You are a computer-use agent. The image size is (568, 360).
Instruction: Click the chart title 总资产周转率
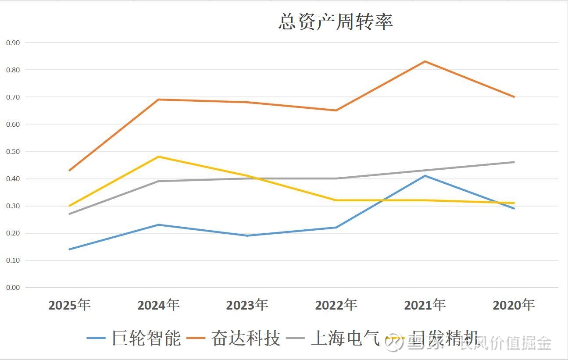[x=336, y=22]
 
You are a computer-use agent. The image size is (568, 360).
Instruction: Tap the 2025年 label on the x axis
[x=69, y=305]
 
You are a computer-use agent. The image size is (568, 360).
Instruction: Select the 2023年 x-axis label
[x=247, y=305]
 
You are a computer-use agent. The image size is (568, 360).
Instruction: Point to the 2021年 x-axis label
[x=425, y=305]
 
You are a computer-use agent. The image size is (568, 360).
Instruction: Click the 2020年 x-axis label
[x=514, y=305]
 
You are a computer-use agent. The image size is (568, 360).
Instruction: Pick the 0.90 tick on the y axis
[x=13, y=43]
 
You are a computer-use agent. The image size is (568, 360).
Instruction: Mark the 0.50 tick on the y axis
[x=13, y=151]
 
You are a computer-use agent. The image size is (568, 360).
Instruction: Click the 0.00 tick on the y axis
[x=13, y=288]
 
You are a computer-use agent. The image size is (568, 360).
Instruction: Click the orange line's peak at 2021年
[x=425, y=61]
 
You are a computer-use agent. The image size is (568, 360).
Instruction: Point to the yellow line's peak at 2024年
[x=158, y=157]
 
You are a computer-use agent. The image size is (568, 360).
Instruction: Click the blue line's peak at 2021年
[x=425, y=176]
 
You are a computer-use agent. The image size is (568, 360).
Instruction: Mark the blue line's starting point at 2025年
[x=69, y=249]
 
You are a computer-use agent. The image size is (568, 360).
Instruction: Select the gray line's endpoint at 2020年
[x=514, y=162]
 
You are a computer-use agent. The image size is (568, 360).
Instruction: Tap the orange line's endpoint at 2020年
[x=514, y=97]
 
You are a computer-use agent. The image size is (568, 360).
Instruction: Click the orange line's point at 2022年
[x=336, y=110]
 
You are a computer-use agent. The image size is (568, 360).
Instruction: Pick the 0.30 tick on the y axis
[x=13, y=206]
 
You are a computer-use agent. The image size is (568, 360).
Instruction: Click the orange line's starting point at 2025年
[x=69, y=170]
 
